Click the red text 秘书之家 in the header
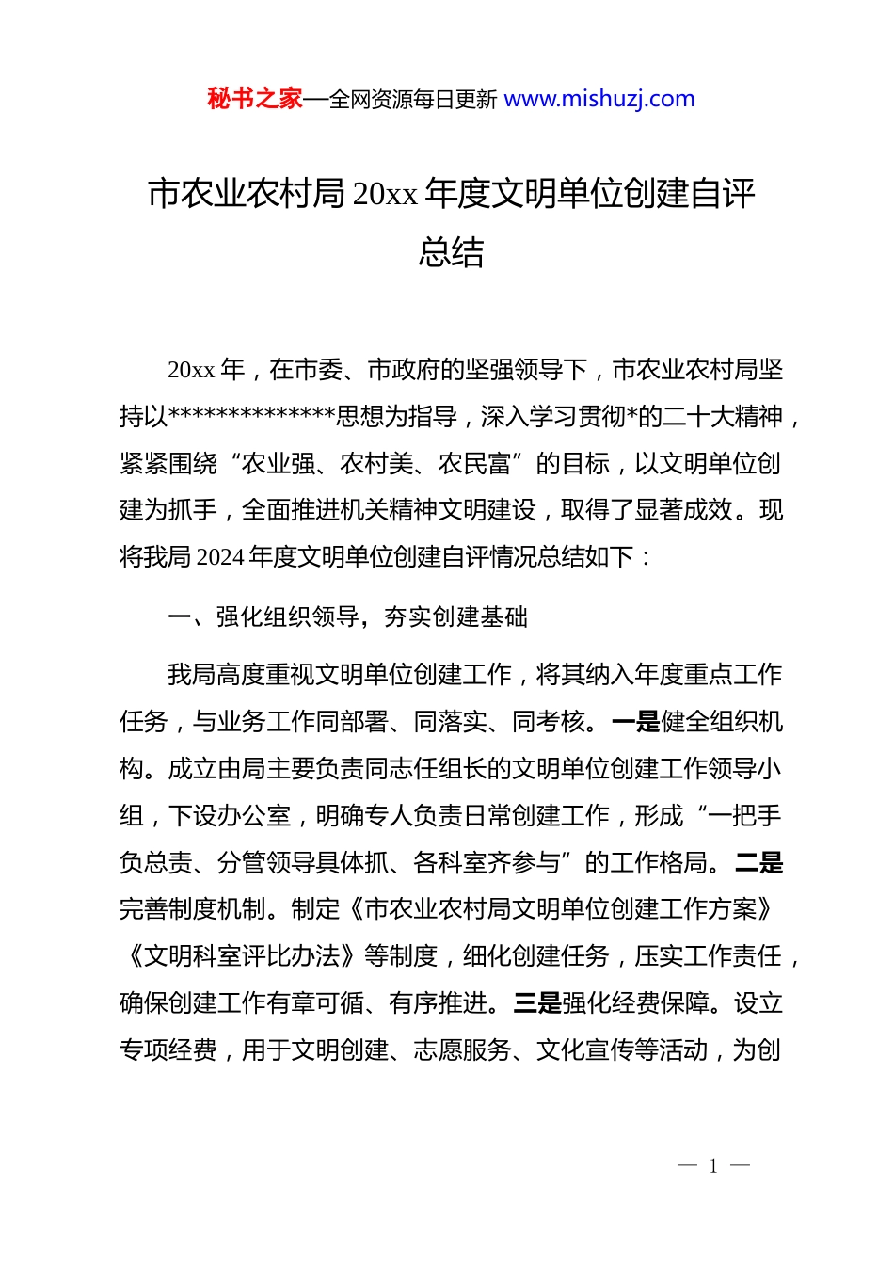click(254, 99)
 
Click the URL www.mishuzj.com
click(599, 99)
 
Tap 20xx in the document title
click(385, 194)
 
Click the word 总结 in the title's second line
click(451, 252)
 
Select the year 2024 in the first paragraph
click(221, 557)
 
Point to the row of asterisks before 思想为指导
click(252, 416)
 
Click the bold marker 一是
click(635, 722)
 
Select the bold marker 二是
click(758, 862)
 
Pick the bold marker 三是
click(537, 1003)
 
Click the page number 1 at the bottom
click(713, 1166)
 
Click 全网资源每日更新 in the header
click(413, 99)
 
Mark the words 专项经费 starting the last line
click(168, 1050)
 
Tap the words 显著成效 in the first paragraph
click(683, 510)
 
